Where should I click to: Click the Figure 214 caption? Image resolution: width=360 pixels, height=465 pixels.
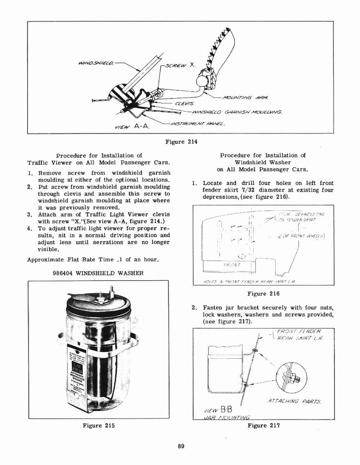(x=180, y=141)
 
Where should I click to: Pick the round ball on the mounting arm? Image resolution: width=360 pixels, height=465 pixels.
(x=202, y=81)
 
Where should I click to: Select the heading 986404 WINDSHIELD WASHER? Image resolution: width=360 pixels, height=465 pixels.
(x=99, y=273)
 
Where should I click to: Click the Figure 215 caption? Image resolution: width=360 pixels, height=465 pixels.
(x=99, y=425)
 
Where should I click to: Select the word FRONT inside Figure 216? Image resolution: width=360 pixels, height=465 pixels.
(x=232, y=264)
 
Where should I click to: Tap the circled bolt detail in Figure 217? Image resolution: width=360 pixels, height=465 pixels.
(x=291, y=377)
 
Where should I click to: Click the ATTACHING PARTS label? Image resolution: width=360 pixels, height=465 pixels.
(x=294, y=401)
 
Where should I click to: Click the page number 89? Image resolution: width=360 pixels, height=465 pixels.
(x=181, y=446)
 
